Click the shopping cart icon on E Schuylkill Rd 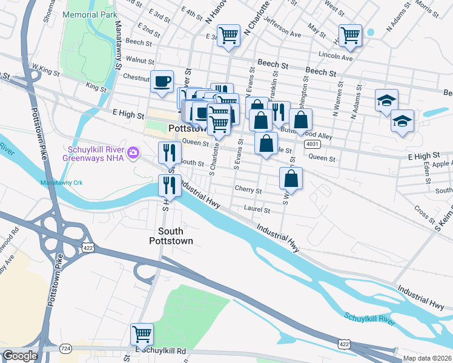142,333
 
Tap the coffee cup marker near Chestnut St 162,81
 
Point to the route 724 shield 65,349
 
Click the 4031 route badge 312,144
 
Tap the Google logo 19,356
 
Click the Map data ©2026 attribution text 428,358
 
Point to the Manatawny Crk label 61,182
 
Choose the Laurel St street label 257,210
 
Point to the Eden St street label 427,172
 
